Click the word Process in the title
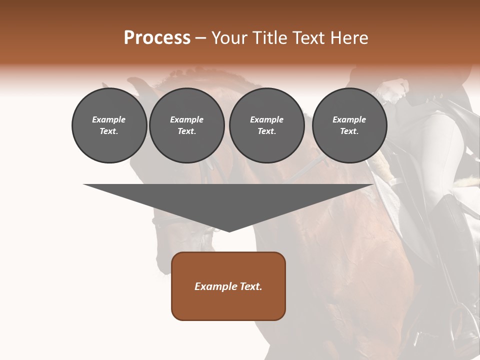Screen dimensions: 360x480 tap(157, 38)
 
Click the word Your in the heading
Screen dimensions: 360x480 tap(230, 38)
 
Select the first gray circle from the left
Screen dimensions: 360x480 tap(109, 125)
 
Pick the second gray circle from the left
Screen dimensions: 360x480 tap(186, 125)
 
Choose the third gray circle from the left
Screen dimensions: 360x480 tap(266, 125)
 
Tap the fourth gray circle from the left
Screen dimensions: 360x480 tap(349, 125)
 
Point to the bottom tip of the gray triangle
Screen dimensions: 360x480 tap(229, 231)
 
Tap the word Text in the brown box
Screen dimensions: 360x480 tap(251, 286)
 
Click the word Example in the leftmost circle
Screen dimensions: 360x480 tap(109, 119)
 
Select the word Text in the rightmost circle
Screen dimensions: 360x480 tap(349, 131)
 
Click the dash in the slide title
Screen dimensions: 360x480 tap(200, 38)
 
